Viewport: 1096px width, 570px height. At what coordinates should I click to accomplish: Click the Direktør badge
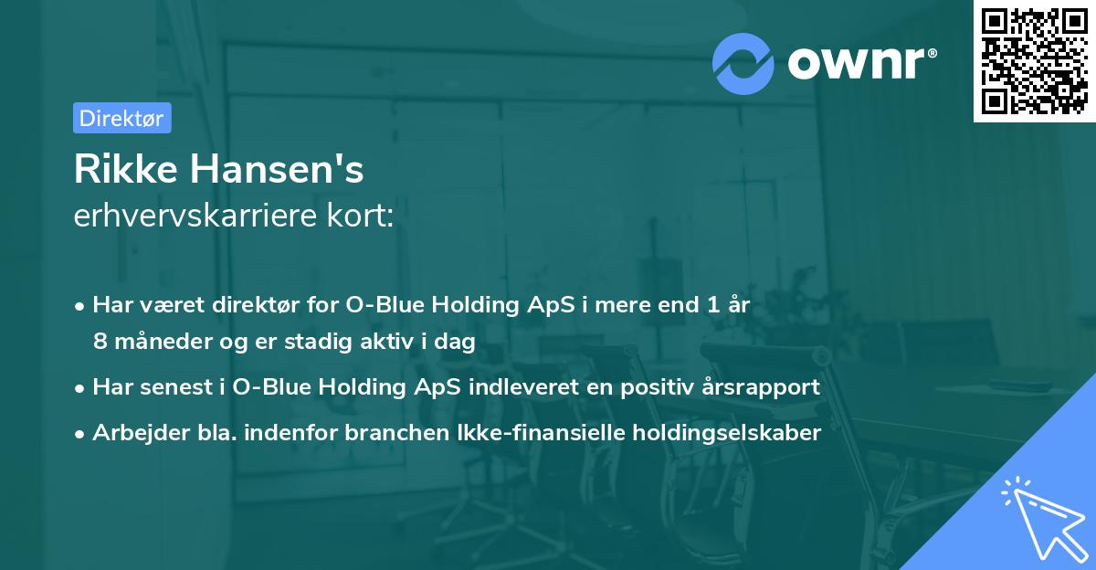[121, 118]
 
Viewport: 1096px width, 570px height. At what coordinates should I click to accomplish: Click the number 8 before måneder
[99, 342]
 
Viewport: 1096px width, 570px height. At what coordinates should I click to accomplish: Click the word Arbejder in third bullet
[130, 433]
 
